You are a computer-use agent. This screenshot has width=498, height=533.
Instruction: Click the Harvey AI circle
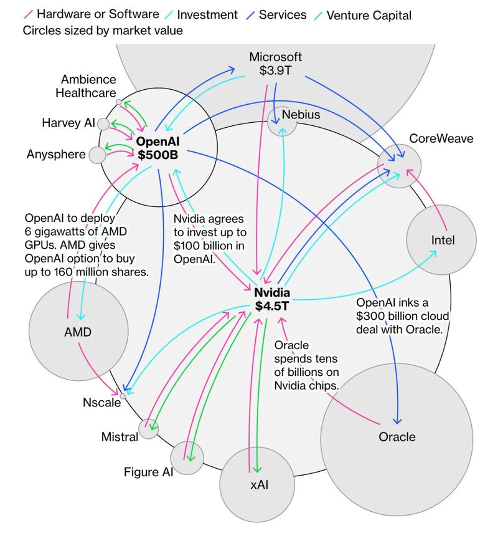(x=103, y=124)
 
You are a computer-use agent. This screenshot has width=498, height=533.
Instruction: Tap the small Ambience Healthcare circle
(x=118, y=102)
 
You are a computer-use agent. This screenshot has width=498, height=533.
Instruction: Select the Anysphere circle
(x=98, y=155)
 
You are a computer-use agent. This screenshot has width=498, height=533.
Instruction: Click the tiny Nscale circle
(x=123, y=396)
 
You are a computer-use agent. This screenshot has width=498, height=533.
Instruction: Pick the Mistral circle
(x=148, y=428)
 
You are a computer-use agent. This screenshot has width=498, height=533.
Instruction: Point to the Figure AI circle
(x=187, y=458)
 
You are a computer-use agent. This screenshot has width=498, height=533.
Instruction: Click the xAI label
(x=260, y=484)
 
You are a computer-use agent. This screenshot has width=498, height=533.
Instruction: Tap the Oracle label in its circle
(x=397, y=437)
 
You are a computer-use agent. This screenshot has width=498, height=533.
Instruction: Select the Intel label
(x=443, y=241)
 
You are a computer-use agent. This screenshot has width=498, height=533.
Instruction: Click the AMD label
(x=78, y=332)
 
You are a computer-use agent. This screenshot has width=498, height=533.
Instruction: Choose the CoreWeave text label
(x=441, y=138)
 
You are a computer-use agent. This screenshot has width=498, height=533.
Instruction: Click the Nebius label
(x=301, y=115)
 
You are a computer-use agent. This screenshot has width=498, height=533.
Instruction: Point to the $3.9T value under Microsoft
(x=275, y=70)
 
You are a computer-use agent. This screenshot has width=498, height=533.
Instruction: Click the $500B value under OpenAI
(x=158, y=155)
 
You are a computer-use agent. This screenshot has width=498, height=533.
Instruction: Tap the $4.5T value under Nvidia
(x=272, y=306)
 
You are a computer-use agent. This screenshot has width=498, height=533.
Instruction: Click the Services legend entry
(x=276, y=15)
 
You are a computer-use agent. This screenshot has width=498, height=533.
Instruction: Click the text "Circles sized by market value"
(x=103, y=31)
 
